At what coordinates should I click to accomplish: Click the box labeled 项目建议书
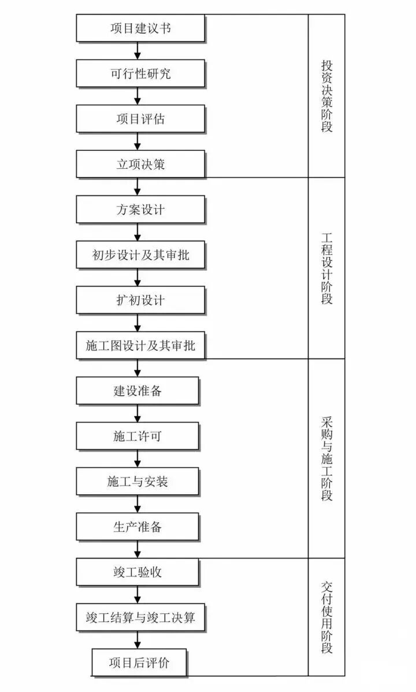[x=140, y=28]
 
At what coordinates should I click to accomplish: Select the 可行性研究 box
[x=140, y=74]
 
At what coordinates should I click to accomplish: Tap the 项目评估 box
[x=140, y=119]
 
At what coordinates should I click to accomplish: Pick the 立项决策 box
[x=140, y=164]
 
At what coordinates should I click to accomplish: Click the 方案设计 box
[x=140, y=209]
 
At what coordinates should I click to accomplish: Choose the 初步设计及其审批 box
[x=140, y=255]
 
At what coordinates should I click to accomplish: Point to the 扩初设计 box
[x=140, y=300]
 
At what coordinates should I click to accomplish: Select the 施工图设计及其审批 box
[x=140, y=346]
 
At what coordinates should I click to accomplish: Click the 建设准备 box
[x=138, y=391]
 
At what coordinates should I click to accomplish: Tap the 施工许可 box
[x=138, y=436]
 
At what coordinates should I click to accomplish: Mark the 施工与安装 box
[x=138, y=482]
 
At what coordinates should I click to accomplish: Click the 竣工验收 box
[x=138, y=572]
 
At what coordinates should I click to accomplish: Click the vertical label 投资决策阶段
[x=327, y=95]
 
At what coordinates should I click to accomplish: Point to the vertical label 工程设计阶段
[x=327, y=268]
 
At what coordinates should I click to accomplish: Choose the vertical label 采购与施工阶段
[x=327, y=458]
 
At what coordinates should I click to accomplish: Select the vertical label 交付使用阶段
[x=327, y=617]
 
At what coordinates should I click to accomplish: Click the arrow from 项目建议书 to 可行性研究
[x=138, y=51]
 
